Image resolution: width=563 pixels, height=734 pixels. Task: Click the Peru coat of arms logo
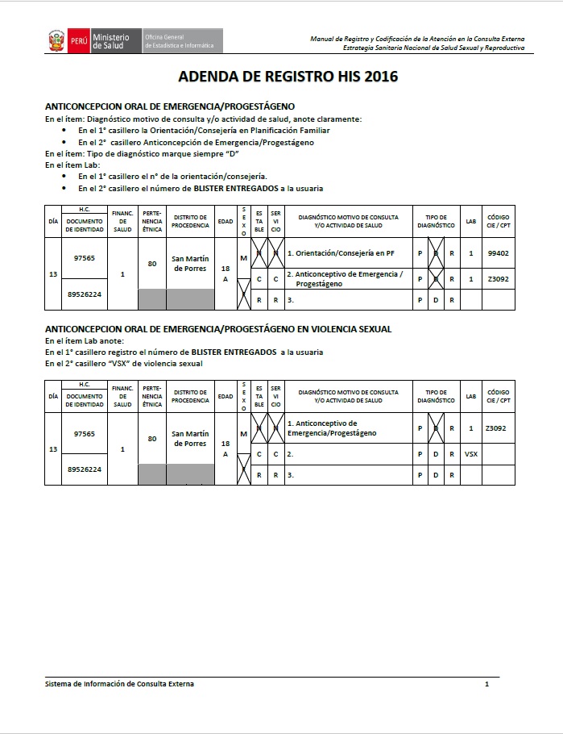pyautogui.click(x=56, y=40)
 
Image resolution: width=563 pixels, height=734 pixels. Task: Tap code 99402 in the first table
pyautogui.click(x=498, y=253)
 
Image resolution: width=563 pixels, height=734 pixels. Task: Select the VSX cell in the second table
pyautogui.click(x=471, y=454)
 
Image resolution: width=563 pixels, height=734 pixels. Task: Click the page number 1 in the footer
pyautogui.click(x=486, y=684)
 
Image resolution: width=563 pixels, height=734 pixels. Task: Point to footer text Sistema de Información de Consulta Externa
pyautogui.click(x=119, y=684)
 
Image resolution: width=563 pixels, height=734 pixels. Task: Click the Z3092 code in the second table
pyautogui.click(x=496, y=428)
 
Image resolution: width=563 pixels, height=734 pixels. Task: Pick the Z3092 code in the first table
pyautogui.click(x=498, y=278)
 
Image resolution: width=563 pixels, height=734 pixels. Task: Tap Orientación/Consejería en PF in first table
pyautogui.click(x=341, y=253)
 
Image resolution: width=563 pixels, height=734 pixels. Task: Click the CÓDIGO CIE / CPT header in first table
pyautogui.click(x=498, y=221)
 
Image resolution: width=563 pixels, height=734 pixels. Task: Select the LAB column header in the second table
pyautogui.click(x=471, y=396)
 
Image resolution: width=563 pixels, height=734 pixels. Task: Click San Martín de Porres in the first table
pyautogui.click(x=190, y=264)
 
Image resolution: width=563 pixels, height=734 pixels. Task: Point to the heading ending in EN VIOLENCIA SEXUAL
pyautogui.click(x=218, y=329)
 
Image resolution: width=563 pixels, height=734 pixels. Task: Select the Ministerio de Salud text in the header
pyautogui.click(x=111, y=40)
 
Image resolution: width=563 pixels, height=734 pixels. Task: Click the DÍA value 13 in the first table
pyautogui.click(x=53, y=275)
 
